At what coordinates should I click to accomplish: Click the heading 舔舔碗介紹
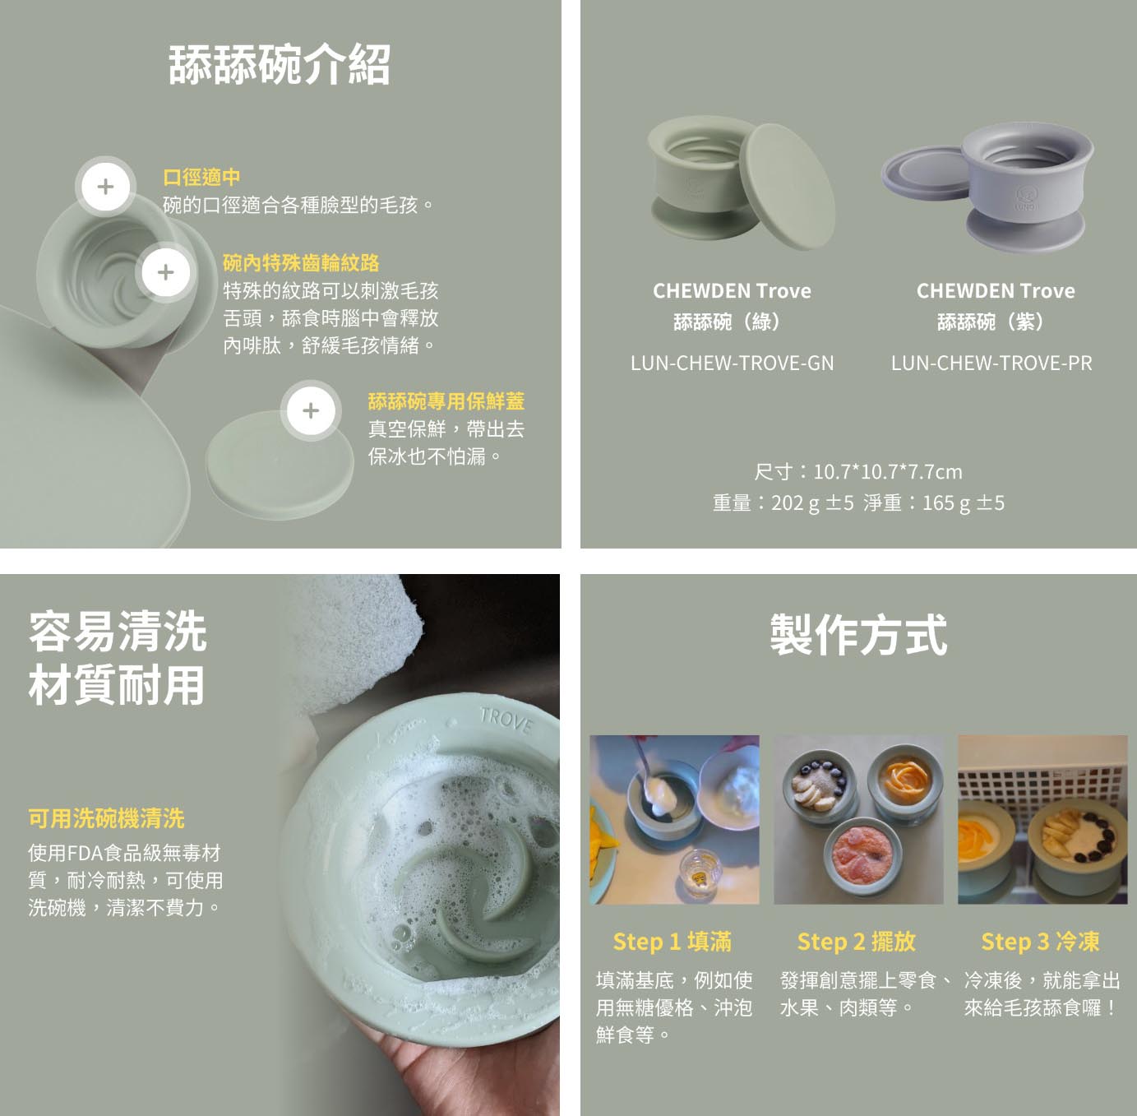(x=279, y=64)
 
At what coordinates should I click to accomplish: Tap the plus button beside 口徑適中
(x=105, y=187)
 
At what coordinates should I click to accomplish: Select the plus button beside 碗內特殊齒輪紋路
(x=166, y=272)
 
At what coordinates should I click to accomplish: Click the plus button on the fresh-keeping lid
(x=311, y=410)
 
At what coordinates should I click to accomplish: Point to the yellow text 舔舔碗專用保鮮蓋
(x=446, y=401)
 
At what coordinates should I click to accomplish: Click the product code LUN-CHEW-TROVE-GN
(x=733, y=364)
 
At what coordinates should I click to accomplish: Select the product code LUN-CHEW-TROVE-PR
(x=991, y=364)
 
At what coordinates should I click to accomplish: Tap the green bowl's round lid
(x=788, y=187)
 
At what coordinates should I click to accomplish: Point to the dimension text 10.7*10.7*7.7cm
(x=887, y=472)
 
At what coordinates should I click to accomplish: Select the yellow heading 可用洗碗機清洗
(x=107, y=818)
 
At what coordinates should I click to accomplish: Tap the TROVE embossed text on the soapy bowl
(x=506, y=721)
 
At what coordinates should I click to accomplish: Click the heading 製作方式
(x=858, y=635)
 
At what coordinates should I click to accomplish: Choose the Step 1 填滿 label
(x=672, y=942)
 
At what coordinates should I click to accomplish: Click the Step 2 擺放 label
(x=856, y=942)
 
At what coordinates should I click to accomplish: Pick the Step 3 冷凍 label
(x=1040, y=942)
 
